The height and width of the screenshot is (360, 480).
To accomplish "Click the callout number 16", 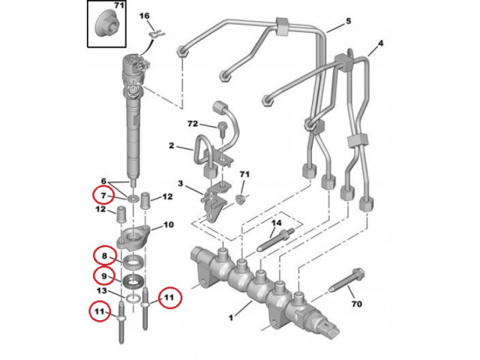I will tap(145, 16).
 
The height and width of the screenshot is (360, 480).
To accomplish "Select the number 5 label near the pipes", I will tap(348, 22).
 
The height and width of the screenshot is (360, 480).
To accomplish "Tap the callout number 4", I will tap(380, 44).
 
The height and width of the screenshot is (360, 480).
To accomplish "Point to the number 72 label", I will tap(192, 122).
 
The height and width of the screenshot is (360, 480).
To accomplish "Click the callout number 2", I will tap(171, 145).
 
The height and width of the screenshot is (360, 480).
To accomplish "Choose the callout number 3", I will tap(180, 184).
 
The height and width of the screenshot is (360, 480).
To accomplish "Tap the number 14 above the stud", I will tap(275, 223).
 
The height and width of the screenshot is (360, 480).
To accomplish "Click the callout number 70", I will tap(356, 304).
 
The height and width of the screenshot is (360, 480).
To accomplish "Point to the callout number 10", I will tap(168, 225).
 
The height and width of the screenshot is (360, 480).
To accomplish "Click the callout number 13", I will tap(103, 291).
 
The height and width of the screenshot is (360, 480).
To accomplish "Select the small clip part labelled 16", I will tap(155, 32).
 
